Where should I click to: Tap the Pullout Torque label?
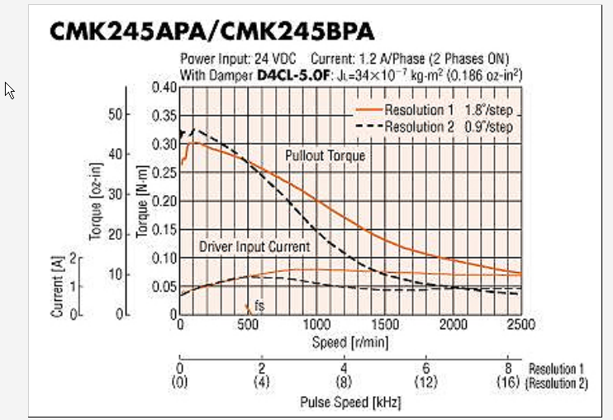pyautogui.click(x=325, y=155)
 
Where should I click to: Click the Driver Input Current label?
pyautogui.click(x=254, y=246)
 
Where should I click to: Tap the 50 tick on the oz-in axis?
pyautogui.click(x=116, y=114)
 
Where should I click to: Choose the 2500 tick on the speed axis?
pyautogui.click(x=520, y=325)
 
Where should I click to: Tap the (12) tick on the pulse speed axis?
pyautogui.click(x=425, y=384)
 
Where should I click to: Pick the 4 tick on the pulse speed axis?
pyautogui.click(x=343, y=369)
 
